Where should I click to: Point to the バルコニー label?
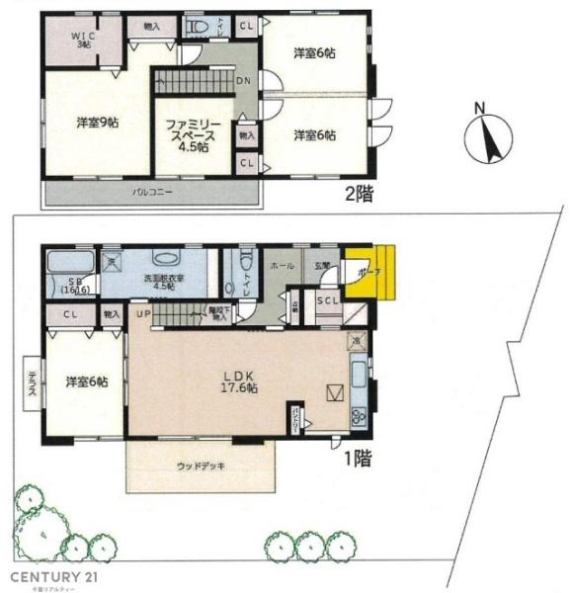153,192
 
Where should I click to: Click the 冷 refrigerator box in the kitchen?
356,342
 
